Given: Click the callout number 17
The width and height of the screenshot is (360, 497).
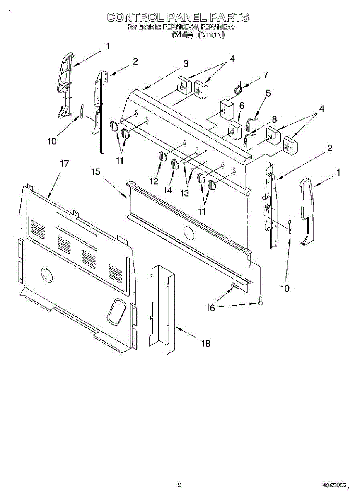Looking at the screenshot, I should point(64,164).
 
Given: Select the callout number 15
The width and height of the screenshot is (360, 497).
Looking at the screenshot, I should point(96,171).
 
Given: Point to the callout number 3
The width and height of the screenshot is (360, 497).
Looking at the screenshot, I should point(186,64).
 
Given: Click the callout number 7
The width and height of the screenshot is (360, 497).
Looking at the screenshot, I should point(265,75).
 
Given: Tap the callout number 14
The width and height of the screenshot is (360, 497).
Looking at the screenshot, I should point(167,190).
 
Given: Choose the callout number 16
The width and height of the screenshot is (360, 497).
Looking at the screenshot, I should point(211,308).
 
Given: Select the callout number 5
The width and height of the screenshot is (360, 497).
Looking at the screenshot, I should point(268,93).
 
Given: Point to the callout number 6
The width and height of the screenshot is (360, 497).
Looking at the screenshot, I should point(242,105).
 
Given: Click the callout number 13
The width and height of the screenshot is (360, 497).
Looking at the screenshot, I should point(184,193).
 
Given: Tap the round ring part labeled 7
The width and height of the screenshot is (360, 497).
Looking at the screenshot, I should point(238,89).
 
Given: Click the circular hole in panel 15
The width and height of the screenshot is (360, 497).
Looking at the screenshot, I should point(188,233).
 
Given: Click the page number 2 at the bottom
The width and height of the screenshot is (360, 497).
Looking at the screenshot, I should point(180,484).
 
